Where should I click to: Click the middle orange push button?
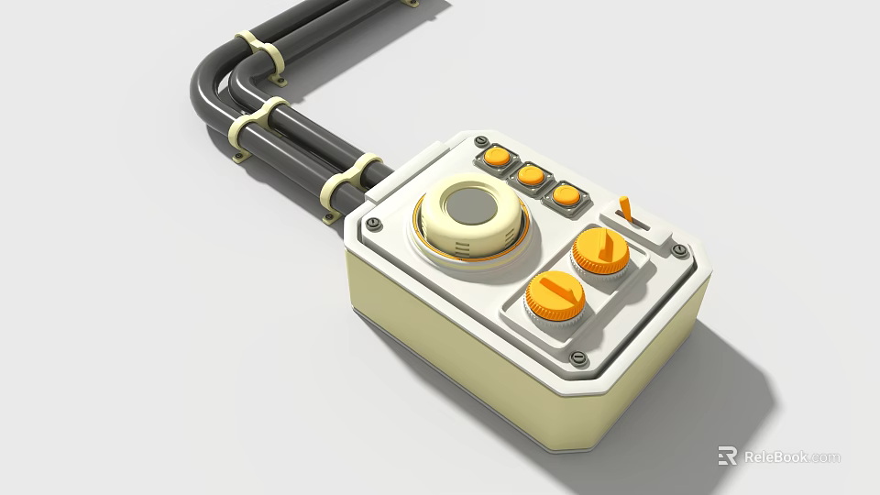coord(531,174)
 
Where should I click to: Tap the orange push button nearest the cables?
coord(497,156)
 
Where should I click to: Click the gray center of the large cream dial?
coord(471,207)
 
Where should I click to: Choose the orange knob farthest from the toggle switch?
coord(555,294)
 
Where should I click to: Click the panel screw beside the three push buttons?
coord(480,139)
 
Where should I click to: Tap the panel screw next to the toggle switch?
coord(678,249)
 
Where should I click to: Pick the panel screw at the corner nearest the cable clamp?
coord(371,225)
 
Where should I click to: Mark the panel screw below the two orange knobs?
coord(577,357)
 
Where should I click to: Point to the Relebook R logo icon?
coord(727,456)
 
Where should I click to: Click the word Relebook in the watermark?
coord(775,456)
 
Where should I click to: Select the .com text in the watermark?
coord(825,456)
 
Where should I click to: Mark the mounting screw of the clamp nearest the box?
coord(330,217)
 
